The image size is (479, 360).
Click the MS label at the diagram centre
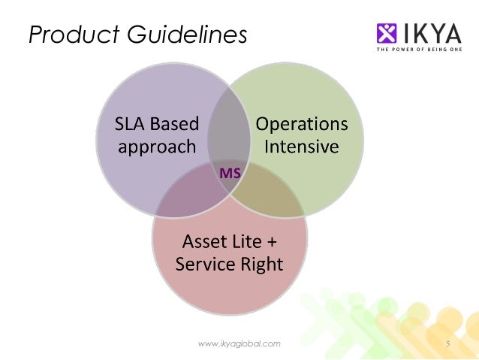coord(229,173)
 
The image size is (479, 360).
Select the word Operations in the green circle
coord(303,123)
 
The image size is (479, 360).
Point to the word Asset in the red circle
coord(205,242)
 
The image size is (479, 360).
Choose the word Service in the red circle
coord(204,264)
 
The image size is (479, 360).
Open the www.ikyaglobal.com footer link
coord(239,343)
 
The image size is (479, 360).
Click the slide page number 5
coord(447,343)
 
